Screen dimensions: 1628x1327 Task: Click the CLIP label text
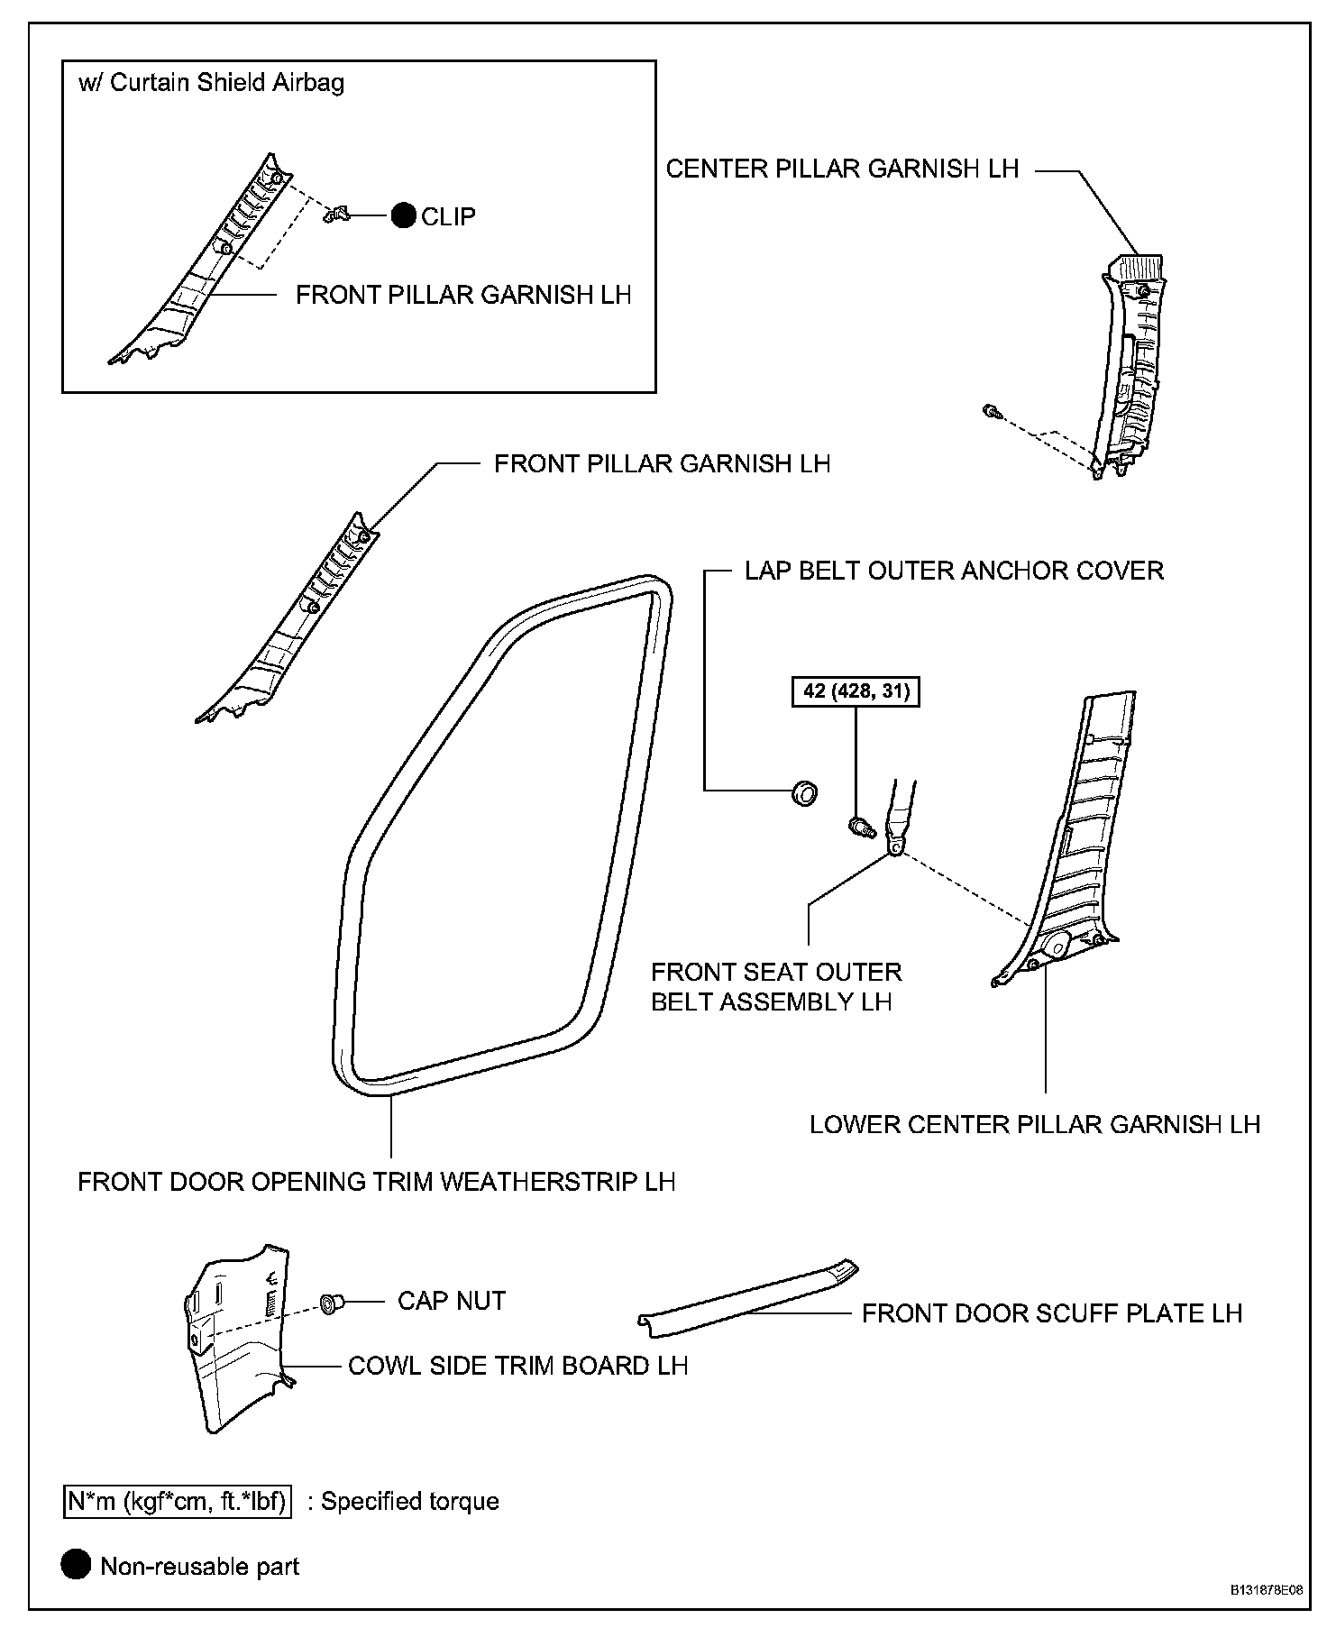[x=448, y=216]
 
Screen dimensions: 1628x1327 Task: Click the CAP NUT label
[x=452, y=1300]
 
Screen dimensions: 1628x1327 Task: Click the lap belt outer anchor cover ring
[x=804, y=793]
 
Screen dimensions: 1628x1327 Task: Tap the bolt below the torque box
[x=861, y=825]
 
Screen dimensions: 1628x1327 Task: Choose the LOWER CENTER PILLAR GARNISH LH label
[x=1034, y=1124]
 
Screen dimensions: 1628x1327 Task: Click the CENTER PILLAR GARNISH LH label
[x=842, y=169]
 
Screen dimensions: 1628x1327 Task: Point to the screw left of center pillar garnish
[x=993, y=412]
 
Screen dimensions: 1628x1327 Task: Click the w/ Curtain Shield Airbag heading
[x=212, y=83]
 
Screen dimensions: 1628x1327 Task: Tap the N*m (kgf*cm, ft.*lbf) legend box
[x=178, y=1502]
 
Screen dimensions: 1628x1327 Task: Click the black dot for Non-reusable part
[x=77, y=1566]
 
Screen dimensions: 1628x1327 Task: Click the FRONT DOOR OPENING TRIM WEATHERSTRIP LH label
[x=377, y=1181]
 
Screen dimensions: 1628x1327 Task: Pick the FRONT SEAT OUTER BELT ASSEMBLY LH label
[x=776, y=986]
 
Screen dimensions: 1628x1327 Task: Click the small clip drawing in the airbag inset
[x=336, y=215]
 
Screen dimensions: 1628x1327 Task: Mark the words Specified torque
[x=410, y=1502]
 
